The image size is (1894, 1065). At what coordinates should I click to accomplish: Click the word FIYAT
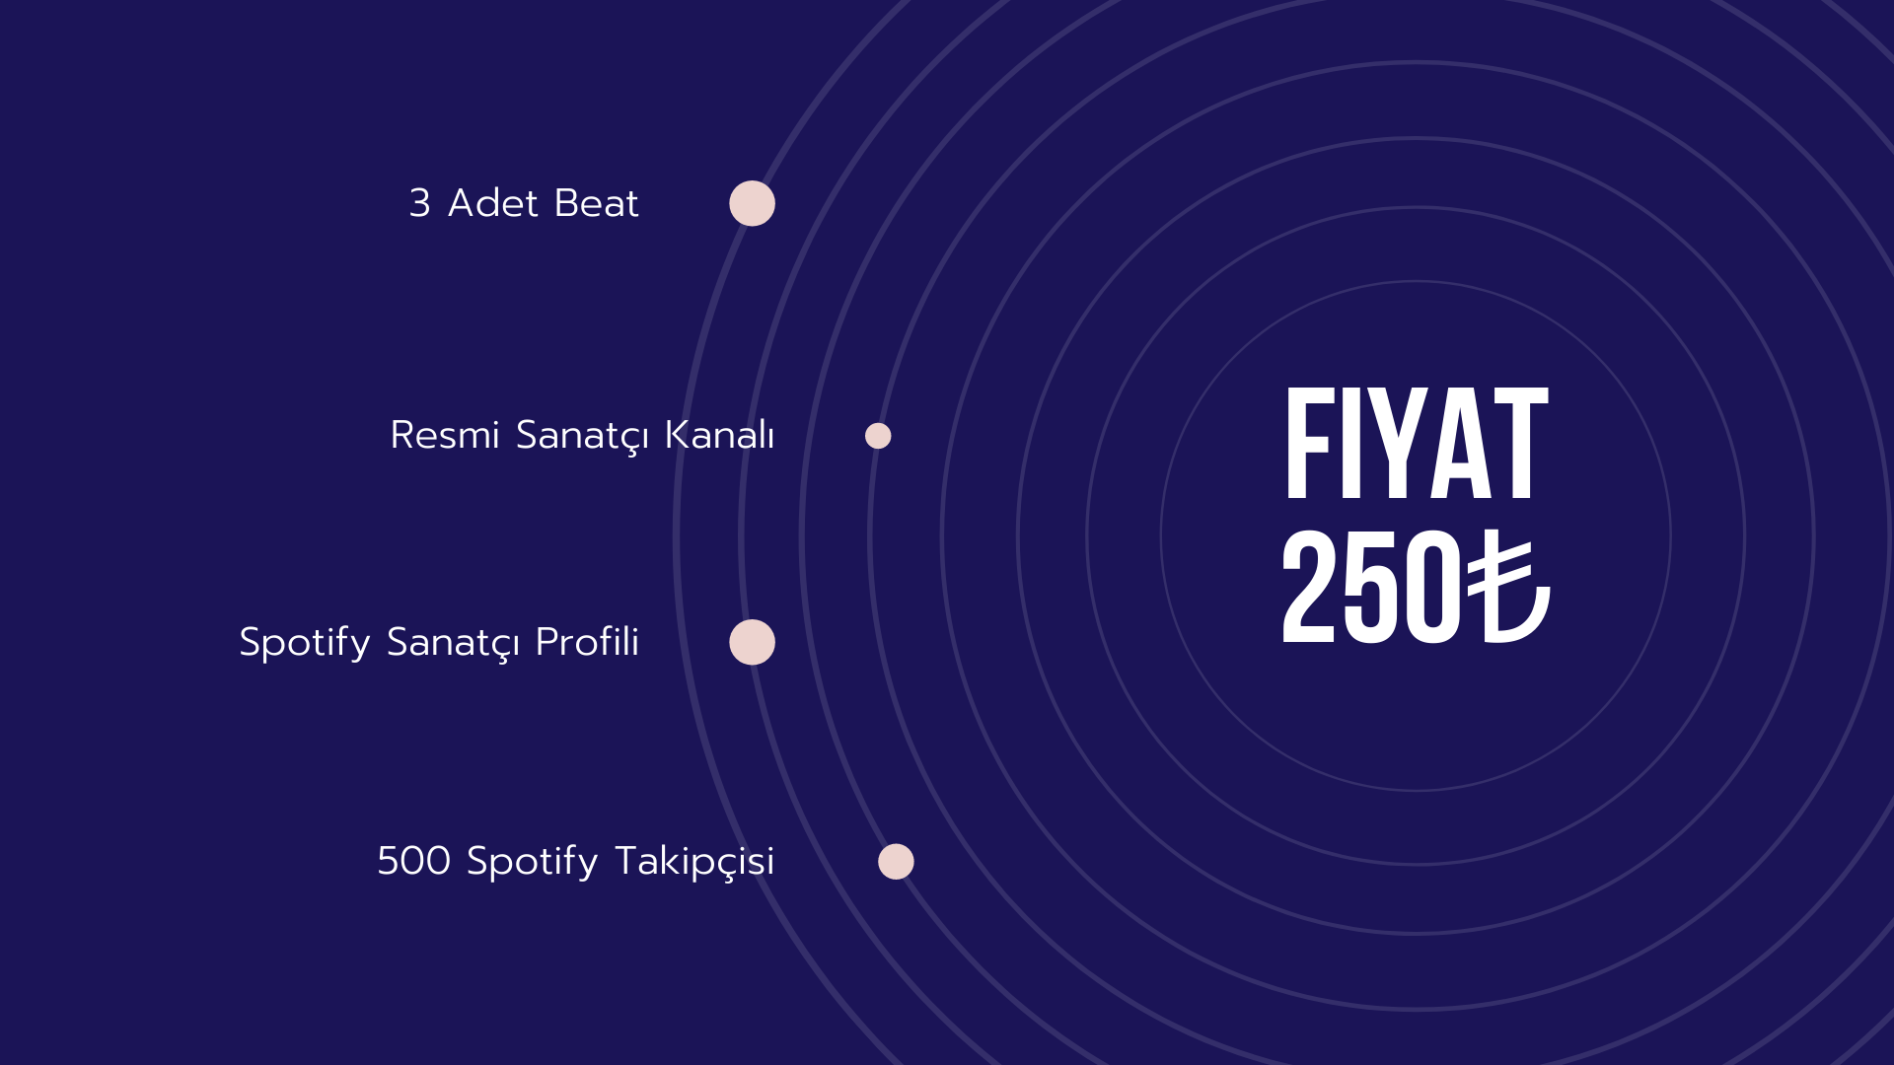point(1417,443)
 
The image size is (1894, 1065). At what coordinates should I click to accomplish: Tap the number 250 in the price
point(1371,587)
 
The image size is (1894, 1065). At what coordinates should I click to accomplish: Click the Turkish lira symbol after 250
point(1508,587)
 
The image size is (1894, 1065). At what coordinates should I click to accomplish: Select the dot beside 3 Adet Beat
point(752,203)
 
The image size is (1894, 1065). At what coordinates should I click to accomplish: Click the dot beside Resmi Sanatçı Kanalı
point(878,436)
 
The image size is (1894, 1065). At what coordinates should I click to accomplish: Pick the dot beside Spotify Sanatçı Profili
point(752,642)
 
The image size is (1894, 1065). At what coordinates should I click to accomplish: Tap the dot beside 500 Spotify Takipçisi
point(896,862)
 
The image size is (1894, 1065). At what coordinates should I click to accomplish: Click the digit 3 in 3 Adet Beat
point(420,203)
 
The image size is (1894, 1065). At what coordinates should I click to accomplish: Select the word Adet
point(492,203)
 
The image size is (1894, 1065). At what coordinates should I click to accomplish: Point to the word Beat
point(597,203)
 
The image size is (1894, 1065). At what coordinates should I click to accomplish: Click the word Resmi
point(445,435)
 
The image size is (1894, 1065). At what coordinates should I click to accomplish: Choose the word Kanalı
point(719,435)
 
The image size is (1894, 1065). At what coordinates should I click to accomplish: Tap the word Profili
point(587,641)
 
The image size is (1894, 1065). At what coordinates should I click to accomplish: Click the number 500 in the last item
point(414,861)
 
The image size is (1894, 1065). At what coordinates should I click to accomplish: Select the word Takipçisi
point(694,862)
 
